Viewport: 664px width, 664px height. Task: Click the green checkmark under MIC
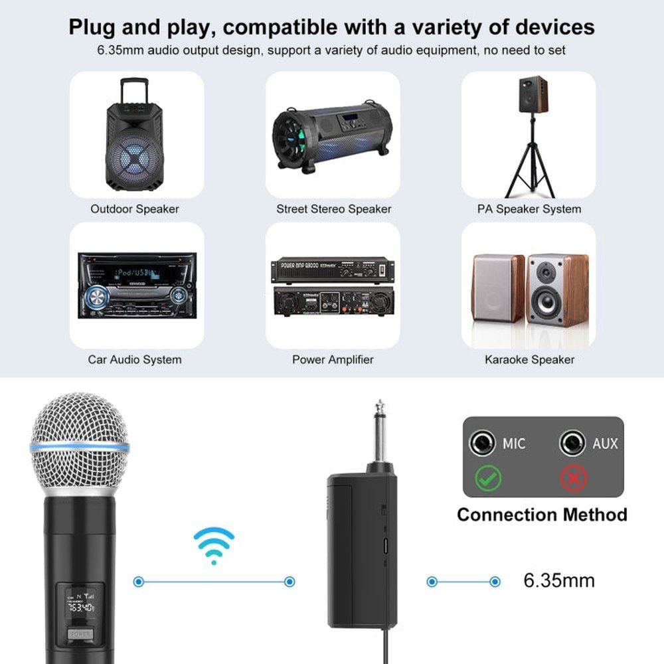[x=489, y=478]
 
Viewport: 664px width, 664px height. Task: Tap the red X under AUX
[x=572, y=478]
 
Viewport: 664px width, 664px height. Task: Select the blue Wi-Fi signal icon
[x=214, y=545]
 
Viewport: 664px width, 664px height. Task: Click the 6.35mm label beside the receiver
[x=559, y=581]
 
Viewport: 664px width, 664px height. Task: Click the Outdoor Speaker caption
[x=135, y=208]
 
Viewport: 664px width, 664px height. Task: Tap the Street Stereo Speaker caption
[x=333, y=208]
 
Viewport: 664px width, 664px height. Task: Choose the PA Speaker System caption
[x=529, y=208]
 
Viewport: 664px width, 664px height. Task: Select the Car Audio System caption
[x=135, y=359]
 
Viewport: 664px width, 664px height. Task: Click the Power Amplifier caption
[x=333, y=359]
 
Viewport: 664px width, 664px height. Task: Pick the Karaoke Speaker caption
[x=529, y=359]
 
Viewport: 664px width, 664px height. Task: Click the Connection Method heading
[x=542, y=515]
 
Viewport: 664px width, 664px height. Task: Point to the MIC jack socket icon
[x=482, y=443]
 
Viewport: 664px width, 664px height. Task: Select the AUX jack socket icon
[x=572, y=443]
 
